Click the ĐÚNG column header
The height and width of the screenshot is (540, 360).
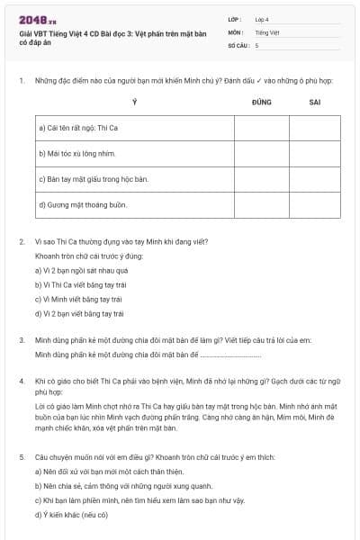[x=262, y=103]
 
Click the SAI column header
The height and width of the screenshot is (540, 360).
[x=315, y=103]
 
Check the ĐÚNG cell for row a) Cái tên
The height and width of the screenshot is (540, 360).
[x=262, y=128]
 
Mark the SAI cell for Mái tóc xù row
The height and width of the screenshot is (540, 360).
[x=315, y=154]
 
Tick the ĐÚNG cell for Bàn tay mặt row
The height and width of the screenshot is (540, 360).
[x=262, y=180]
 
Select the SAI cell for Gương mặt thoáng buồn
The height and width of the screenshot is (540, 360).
[x=315, y=205]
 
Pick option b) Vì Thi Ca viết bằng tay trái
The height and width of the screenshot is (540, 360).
[x=80, y=284]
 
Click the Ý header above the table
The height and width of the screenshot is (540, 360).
[x=134, y=103]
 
